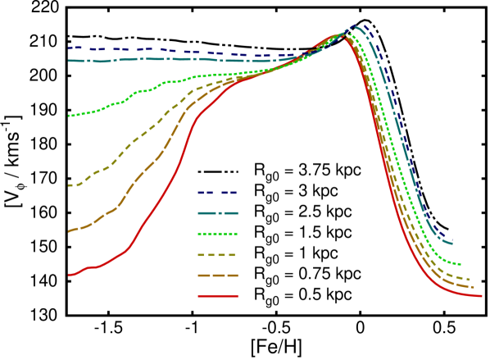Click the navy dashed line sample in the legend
(217, 194)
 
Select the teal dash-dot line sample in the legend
(217, 213)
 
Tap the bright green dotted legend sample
(217, 234)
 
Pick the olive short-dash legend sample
(217, 255)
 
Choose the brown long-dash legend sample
(217, 276)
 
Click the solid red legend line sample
(217, 296)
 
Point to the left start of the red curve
(69, 276)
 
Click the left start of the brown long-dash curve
(69, 231)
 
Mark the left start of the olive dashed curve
(69, 185)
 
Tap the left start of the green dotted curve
(69, 116)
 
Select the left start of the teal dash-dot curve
(69, 60)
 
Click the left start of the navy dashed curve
(69, 48)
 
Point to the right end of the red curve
(481, 296)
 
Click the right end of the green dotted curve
(461, 265)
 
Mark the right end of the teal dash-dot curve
(452, 244)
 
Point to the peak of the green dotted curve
(346, 34)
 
